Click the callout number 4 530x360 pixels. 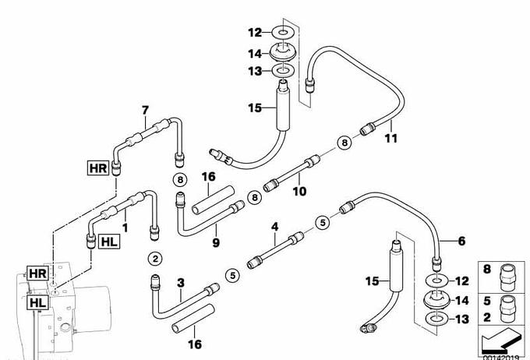274,227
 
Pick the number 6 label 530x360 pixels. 461,242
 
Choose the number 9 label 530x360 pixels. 216,242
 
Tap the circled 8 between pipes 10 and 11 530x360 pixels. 344,142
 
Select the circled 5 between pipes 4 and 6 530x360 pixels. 321,223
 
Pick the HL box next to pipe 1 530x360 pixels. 109,242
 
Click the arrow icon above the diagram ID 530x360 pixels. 502,340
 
